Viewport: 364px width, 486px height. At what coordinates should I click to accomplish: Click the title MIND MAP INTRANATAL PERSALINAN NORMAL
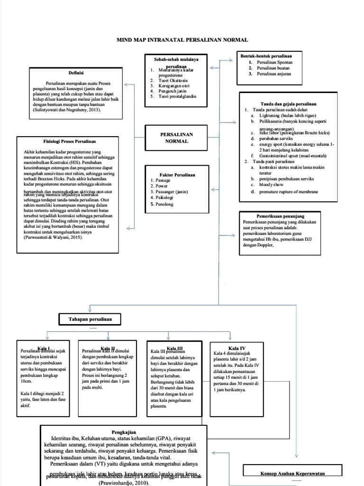182,40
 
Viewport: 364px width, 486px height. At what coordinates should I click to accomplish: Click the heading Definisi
76,73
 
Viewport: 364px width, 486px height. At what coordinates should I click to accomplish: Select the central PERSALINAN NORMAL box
176,138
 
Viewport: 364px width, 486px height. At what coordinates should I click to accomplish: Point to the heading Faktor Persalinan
176,175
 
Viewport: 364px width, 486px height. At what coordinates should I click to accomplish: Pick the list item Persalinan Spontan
274,62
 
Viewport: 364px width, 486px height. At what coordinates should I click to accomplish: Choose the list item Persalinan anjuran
274,74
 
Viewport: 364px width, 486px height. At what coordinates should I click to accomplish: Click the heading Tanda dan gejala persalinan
289,103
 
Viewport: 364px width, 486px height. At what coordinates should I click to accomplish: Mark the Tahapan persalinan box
89,319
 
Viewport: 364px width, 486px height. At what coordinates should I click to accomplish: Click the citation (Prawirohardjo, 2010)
123,483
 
